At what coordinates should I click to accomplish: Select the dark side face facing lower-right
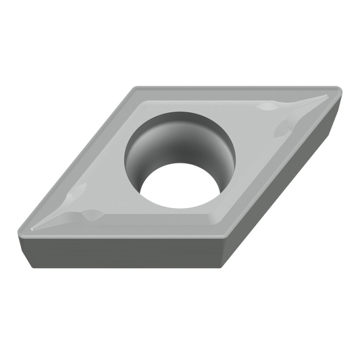tap(284, 183)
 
